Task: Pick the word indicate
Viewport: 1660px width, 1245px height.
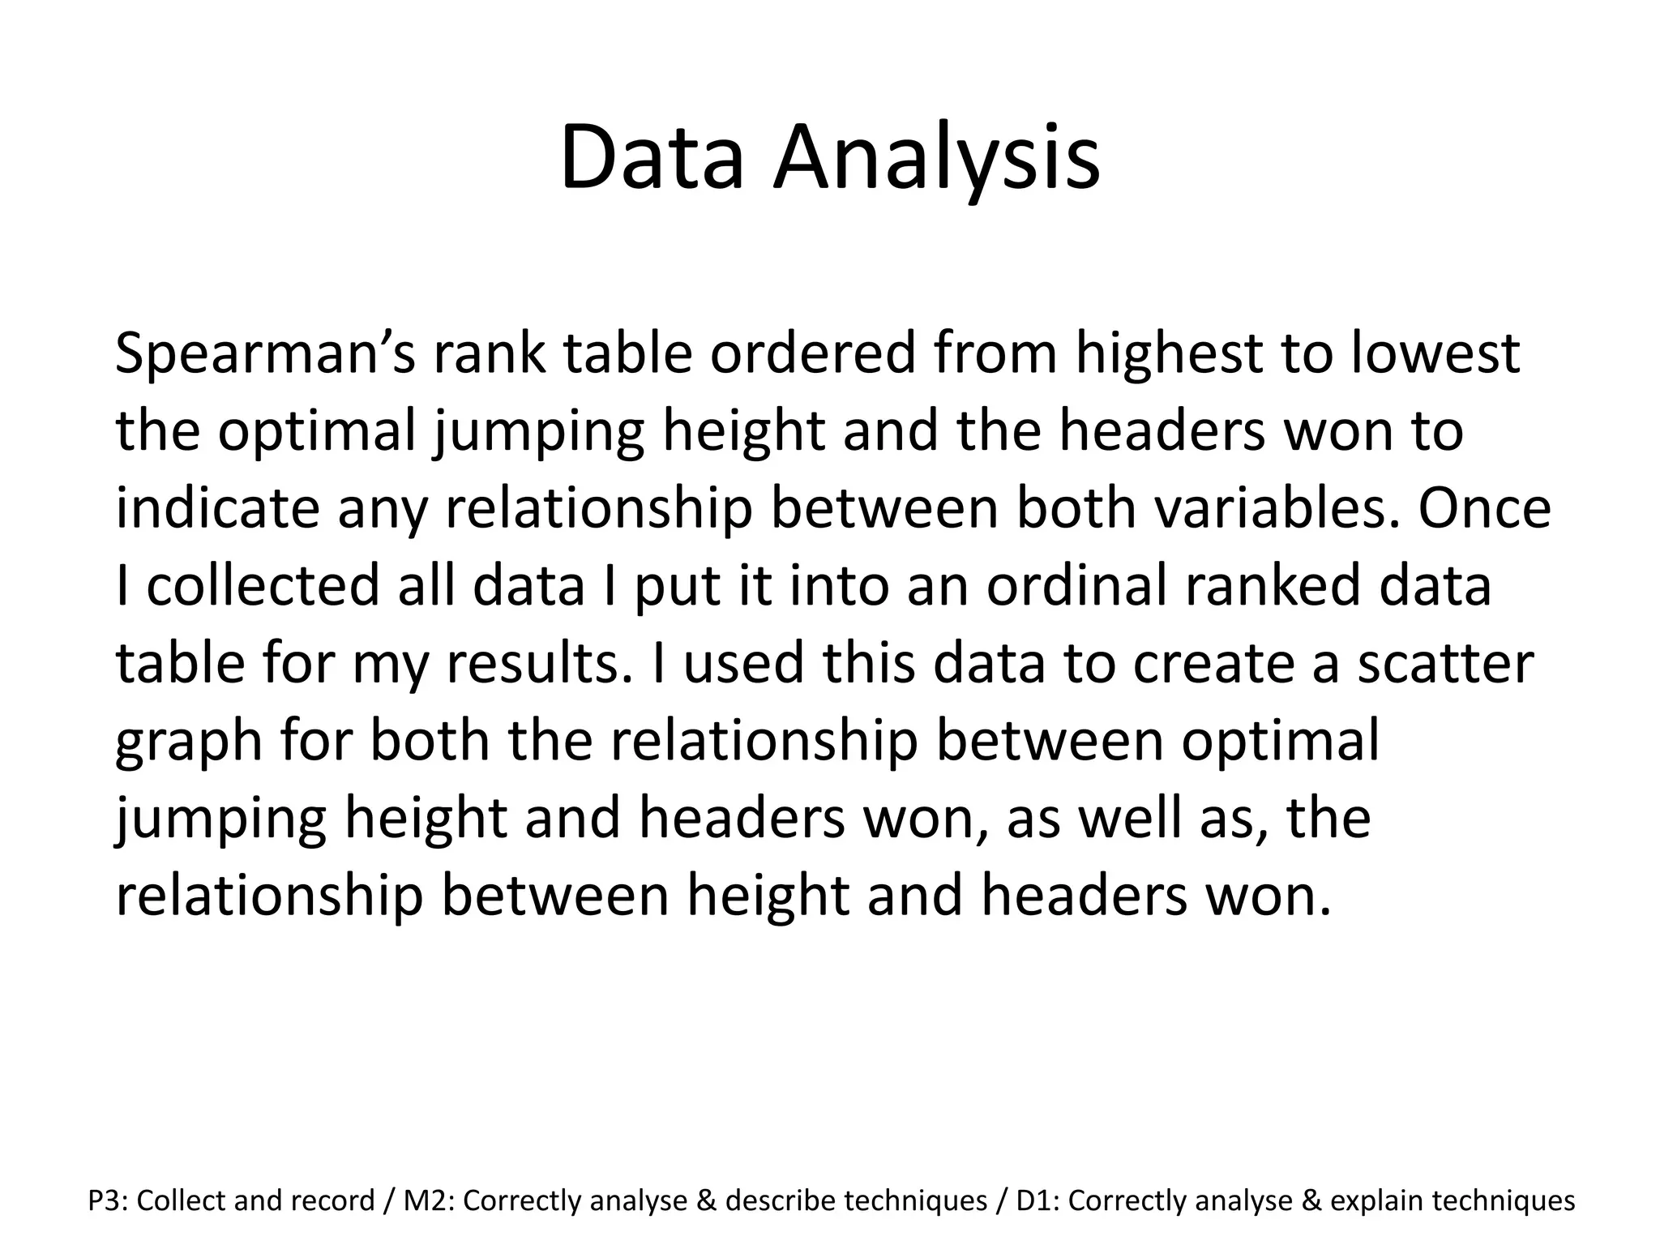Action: point(216,508)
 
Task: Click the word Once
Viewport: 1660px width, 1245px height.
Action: point(1484,508)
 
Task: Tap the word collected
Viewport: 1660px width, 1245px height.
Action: point(263,586)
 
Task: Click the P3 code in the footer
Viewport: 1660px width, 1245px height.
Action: point(104,1200)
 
